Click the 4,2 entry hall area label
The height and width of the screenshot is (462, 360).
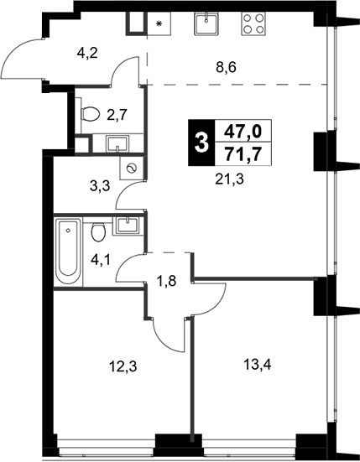(x=87, y=54)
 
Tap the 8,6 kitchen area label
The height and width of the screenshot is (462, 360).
(x=226, y=68)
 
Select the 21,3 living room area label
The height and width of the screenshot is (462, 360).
(x=230, y=179)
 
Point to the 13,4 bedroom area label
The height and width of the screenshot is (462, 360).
(x=258, y=366)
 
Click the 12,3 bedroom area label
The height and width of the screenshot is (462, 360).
(x=123, y=367)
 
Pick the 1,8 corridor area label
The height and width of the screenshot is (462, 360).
(x=166, y=281)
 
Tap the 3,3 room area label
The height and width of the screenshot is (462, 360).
(x=100, y=186)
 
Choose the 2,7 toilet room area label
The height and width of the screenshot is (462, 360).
(x=117, y=115)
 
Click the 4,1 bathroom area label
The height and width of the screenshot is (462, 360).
(x=101, y=261)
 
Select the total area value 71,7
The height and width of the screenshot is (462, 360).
(x=243, y=154)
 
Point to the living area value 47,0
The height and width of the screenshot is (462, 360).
(x=243, y=132)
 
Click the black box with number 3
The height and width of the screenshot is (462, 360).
(x=202, y=143)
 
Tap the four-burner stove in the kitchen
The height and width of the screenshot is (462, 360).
(x=253, y=23)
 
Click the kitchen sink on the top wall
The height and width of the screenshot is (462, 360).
(x=206, y=23)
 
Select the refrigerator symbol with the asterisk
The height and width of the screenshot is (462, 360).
(x=159, y=23)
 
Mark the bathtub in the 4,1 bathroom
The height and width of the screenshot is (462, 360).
(x=69, y=251)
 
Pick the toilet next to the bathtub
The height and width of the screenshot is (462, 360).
(x=98, y=231)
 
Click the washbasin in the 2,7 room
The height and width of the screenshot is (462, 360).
(x=118, y=143)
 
